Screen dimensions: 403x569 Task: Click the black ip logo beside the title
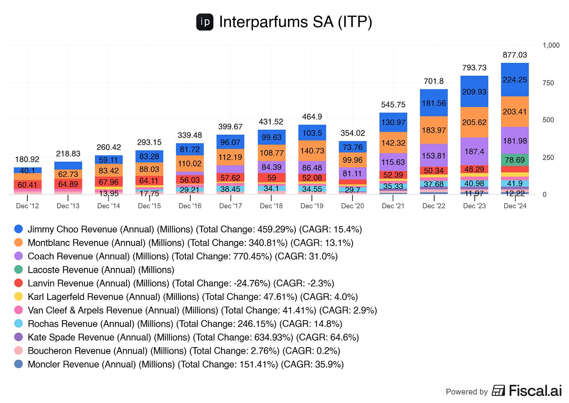pos(205,22)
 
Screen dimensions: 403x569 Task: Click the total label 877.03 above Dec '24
pos(515,55)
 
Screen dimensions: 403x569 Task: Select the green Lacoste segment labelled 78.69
pos(515,160)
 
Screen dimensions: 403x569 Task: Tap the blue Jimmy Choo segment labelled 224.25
pos(515,80)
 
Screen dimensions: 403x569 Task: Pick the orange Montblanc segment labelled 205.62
pos(474,122)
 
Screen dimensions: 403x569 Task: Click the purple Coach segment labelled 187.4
pos(474,151)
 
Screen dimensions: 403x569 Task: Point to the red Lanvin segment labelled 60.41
pos(27,185)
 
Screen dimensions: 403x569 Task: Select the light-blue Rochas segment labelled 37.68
pos(433,184)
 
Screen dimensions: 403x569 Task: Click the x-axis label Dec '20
pos(352,206)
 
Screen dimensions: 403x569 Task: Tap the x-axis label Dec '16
pos(190,206)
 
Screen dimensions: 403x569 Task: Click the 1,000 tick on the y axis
pos(551,45)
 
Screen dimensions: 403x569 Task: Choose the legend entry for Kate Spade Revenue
pos(193,337)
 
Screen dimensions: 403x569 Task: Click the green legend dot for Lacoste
pos(18,269)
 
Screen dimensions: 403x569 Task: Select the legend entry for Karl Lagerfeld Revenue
pos(193,297)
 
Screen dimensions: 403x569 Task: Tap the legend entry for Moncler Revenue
pos(186,364)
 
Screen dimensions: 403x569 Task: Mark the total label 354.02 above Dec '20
pos(352,133)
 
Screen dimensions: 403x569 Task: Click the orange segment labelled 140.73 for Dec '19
pos(312,150)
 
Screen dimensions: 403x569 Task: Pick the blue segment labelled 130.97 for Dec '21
pos(393,122)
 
